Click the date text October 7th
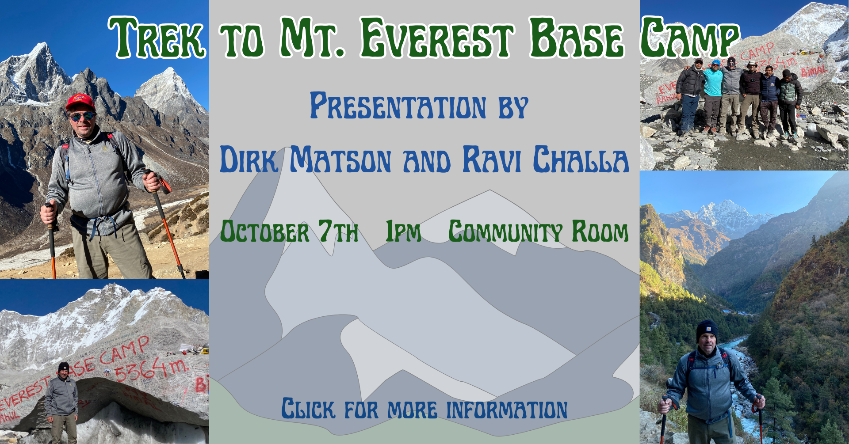[x=289, y=231]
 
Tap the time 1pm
[x=403, y=231]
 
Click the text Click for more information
[x=424, y=409]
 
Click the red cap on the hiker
[x=80, y=102]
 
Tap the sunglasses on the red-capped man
[x=82, y=116]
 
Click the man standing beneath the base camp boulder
[x=62, y=402]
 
